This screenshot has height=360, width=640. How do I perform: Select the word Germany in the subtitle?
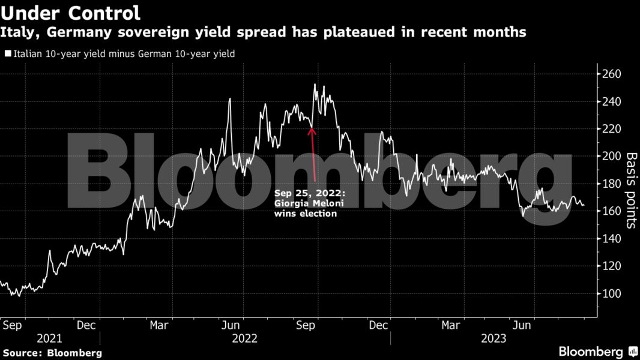click(x=67, y=32)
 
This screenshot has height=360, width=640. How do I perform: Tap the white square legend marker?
click(x=8, y=53)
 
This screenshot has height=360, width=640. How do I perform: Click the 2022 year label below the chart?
click(x=244, y=338)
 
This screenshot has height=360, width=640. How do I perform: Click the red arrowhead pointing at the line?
click(x=312, y=129)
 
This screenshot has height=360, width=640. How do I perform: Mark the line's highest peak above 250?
click(x=315, y=85)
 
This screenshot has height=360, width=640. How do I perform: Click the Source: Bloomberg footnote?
click(x=52, y=353)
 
